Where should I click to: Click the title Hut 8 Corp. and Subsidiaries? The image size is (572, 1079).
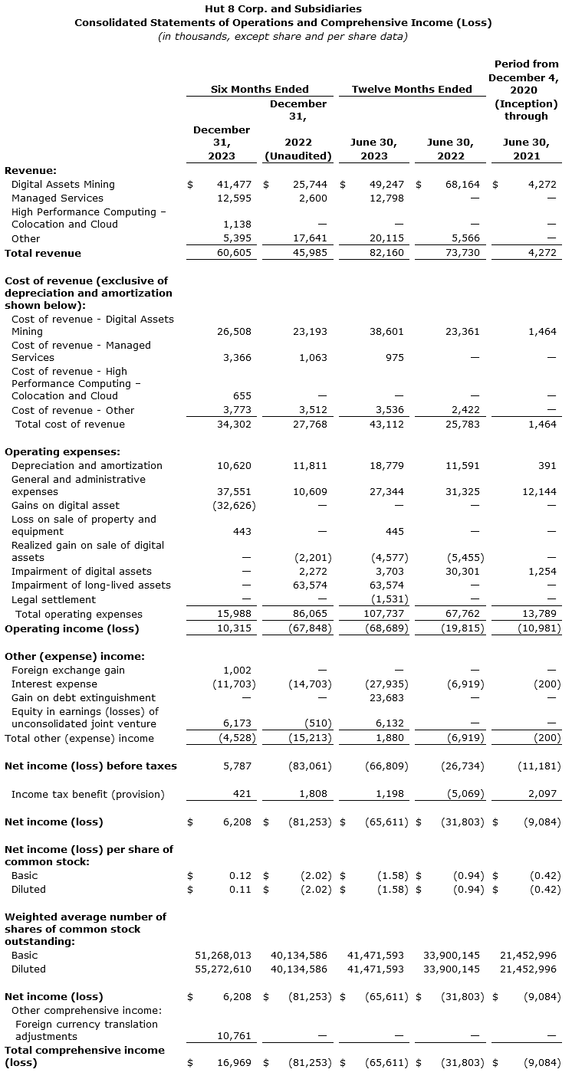[283, 9]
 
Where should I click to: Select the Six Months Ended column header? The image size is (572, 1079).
[260, 90]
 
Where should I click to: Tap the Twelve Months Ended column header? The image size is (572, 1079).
[412, 90]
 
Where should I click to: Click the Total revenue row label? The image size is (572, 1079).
[43, 253]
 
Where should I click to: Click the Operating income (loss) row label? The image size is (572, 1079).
[72, 628]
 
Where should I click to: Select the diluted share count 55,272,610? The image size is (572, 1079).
[223, 969]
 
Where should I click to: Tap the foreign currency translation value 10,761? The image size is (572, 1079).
[235, 1037]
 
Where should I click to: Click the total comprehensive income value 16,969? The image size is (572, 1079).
[235, 1063]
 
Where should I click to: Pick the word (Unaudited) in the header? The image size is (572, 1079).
[298, 156]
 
